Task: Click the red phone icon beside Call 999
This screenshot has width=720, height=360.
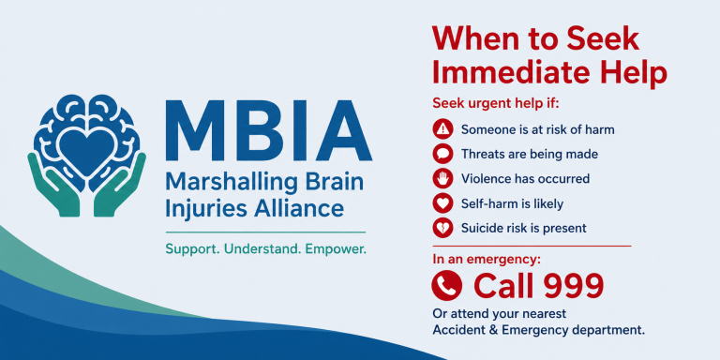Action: (446, 285)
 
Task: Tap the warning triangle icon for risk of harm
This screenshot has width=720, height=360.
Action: (442, 129)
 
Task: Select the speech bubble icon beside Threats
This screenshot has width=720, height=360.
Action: (442, 154)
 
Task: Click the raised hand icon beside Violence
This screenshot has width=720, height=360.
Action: (442, 178)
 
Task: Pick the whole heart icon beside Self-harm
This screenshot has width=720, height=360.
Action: (442, 202)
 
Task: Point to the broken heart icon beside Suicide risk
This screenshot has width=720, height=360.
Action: (442, 228)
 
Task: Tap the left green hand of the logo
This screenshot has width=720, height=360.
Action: (52, 185)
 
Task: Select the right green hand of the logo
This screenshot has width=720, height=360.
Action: (121, 185)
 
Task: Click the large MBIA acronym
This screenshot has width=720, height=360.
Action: (268, 130)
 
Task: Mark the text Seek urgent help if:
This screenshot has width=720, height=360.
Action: (495, 103)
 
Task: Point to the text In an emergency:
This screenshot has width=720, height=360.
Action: (487, 259)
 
